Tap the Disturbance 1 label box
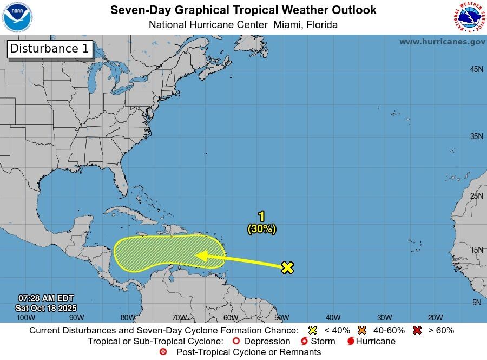click(49, 49)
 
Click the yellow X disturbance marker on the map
click(287, 267)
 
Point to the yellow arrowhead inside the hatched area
click(202, 256)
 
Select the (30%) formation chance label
click(262, 229)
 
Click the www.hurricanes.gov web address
click(442, 42)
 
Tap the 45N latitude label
click(476, 69)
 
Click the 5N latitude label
click(476, 303)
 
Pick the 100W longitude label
click(25, 318)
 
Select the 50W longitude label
click(281, 318)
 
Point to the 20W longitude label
click(435, 318)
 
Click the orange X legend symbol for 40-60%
click(362, 330)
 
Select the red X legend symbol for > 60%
click(417, 330)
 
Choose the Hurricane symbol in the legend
click(351, 342)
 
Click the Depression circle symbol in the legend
click(235, 342)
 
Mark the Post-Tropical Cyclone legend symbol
click(163, 352)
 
